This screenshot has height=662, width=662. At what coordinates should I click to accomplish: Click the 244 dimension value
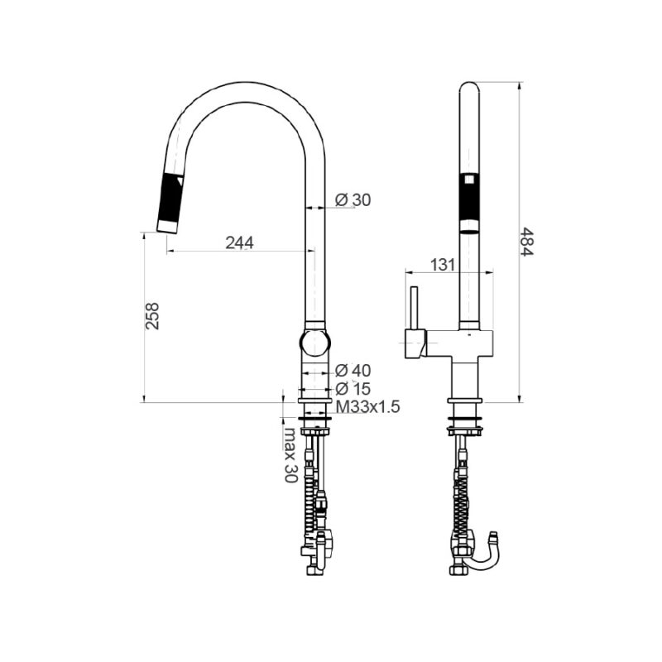238,242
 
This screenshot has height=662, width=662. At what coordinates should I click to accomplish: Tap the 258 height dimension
152,316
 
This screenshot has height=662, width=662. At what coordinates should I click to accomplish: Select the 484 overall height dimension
527,241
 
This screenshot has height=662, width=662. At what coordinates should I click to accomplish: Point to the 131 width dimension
444,264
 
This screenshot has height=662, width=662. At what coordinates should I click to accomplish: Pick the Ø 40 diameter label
353,370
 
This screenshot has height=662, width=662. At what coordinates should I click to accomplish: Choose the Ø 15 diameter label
353,388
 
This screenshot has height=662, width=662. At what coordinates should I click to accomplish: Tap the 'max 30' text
290,455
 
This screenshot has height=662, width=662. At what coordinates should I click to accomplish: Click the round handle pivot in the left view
315,342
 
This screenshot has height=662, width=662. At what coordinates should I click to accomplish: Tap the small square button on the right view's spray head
469,178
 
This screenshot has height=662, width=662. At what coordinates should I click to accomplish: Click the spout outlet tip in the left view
166,226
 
